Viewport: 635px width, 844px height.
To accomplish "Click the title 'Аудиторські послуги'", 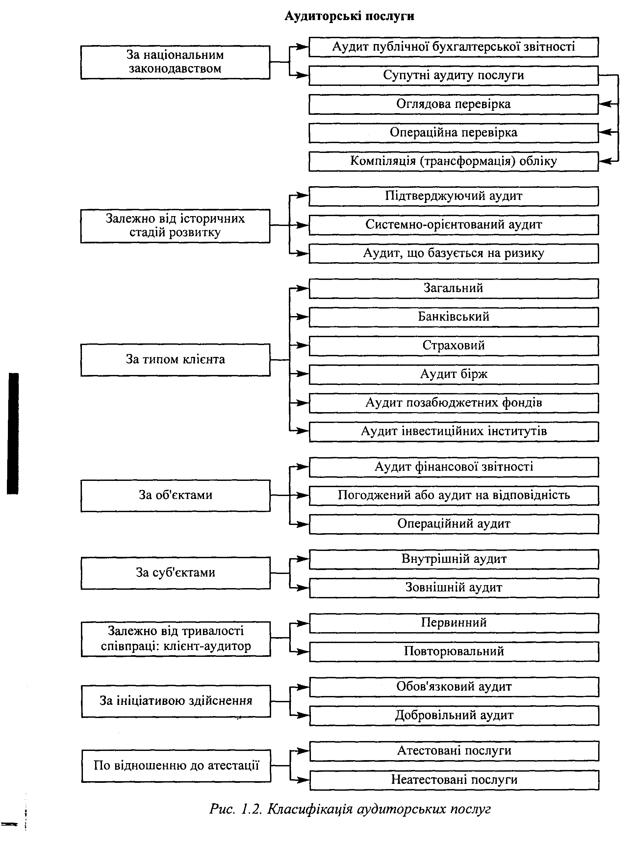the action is (349, 16).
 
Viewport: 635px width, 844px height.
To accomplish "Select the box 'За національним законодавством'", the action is (175, 62).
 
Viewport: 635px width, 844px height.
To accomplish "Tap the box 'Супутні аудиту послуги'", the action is (453, 76).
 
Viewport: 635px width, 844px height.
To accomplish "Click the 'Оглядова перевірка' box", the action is (453, 104).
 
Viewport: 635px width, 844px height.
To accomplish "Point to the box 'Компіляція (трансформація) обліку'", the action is (453, 161).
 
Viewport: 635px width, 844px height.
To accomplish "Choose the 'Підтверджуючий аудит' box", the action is (453, 196).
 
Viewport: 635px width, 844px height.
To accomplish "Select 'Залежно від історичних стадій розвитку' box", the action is (175, 226).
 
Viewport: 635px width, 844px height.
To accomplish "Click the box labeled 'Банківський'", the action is (454, 317).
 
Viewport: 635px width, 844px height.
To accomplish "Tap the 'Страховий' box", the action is (454, 346).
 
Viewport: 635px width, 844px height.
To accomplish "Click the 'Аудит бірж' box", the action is (454, 374).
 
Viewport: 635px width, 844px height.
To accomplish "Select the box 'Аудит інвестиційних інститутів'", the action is (454, 432).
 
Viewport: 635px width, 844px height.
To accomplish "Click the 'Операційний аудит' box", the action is (454, 524).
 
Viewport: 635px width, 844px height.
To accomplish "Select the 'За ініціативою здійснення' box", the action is (176, 701).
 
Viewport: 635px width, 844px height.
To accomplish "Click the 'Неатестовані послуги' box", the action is (454, 780).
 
